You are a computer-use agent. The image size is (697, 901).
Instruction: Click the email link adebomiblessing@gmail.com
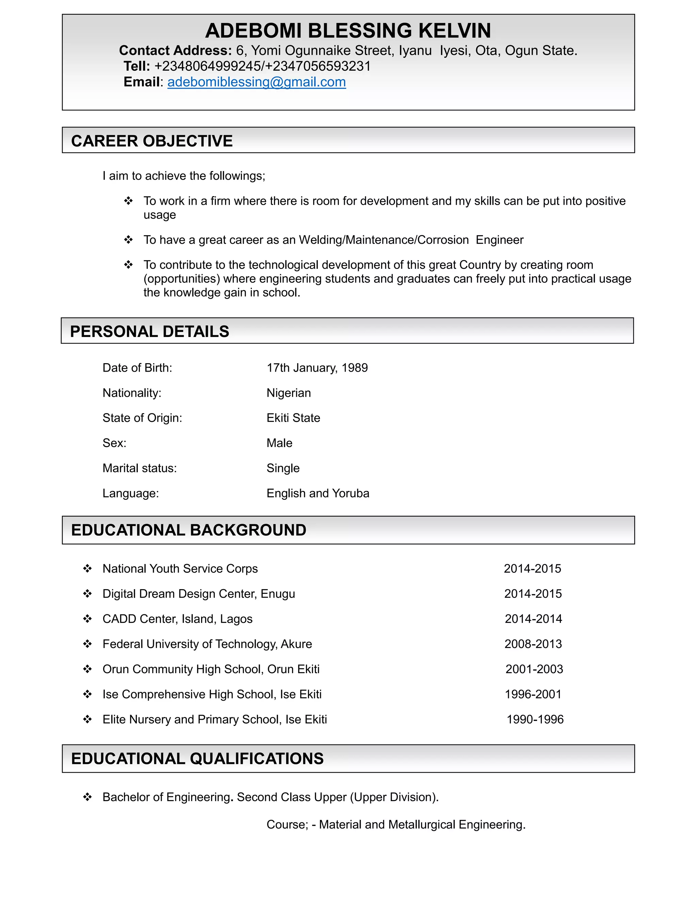pos(256,82)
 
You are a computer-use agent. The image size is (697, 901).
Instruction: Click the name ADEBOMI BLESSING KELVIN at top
pos(348,31)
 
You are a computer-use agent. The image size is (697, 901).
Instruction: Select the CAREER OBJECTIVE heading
pos(151,141)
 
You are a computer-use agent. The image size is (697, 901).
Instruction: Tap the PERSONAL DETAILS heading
pos(149,332)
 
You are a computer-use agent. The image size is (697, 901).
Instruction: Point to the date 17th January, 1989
pos(317,368)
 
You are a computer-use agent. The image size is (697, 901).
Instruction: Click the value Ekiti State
pos(293,418)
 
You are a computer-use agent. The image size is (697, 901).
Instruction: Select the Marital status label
pos(140,468)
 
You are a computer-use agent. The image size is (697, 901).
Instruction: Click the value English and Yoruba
pos(318,493)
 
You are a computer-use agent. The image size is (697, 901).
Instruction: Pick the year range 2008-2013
pos(533,644)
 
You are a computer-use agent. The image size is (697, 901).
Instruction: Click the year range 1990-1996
pos(535,719)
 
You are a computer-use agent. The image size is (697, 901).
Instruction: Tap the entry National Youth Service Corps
pos(180,569)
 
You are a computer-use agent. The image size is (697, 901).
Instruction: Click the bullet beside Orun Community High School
pos(87,669)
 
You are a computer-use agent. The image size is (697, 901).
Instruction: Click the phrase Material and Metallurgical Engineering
pos(422,825)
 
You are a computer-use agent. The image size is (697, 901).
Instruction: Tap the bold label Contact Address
pos(175,51)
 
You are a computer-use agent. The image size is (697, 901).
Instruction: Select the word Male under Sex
pos(279,443)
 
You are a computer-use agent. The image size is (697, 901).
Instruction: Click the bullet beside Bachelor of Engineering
pos(87,797)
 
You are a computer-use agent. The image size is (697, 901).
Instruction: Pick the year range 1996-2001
pos(533,694)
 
